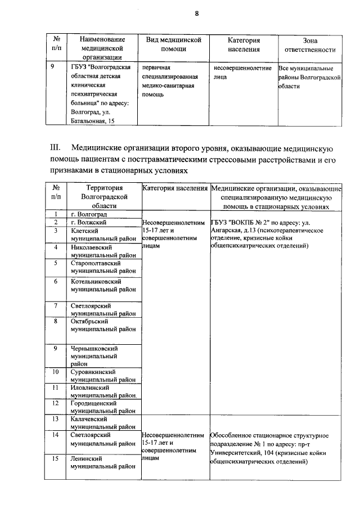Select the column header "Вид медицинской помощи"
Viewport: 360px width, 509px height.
click(174, 44)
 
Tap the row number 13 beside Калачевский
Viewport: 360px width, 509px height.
click(56, 419)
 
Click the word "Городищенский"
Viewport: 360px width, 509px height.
click(93, 403)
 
